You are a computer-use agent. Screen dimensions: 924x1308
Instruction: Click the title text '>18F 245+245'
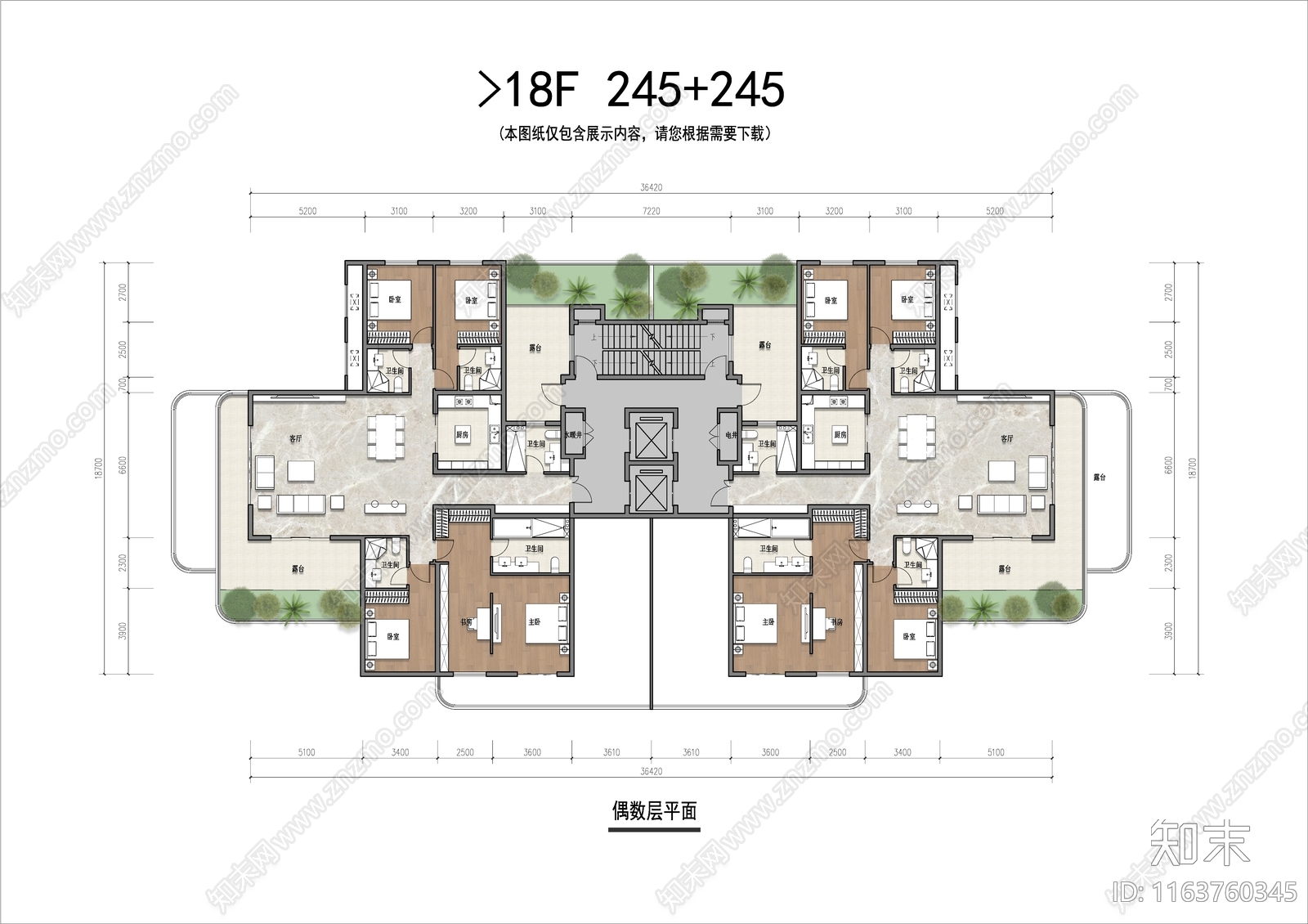[631, 90]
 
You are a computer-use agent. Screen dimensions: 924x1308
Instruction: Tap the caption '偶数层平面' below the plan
[654, 811]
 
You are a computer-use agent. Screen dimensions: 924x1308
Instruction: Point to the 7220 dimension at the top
[651, 211]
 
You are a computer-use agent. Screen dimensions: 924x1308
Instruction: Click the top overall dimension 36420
[651, 187]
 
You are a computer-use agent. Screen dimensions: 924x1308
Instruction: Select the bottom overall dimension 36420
[651, 771]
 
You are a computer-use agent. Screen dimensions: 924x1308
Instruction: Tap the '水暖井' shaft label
[572, 435]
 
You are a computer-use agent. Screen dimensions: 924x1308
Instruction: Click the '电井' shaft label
[730, 435]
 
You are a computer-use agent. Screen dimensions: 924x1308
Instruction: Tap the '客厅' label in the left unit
[295, 439]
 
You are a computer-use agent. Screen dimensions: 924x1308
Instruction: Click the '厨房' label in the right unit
[840, 435]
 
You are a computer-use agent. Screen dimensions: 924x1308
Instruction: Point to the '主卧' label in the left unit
[534, 622]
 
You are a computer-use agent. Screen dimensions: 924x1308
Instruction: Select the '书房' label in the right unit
[835, 622]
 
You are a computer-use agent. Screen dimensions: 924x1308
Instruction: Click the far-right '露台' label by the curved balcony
[1100, 477]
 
